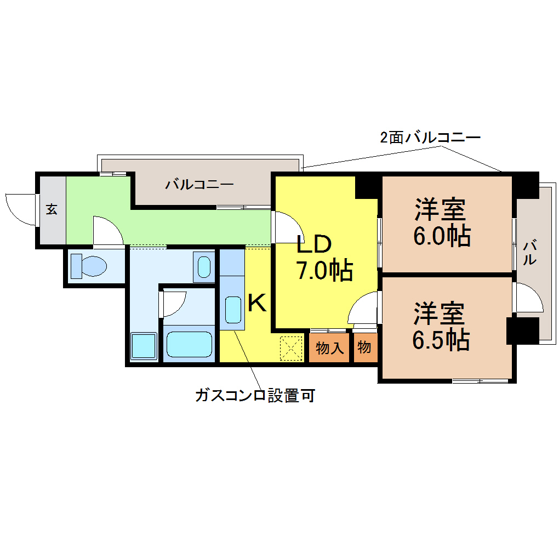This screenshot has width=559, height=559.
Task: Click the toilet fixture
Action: (x=89, y=266)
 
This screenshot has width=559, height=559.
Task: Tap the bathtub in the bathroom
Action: (x=189, y=344)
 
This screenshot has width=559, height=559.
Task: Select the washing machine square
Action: (x=144, y=345)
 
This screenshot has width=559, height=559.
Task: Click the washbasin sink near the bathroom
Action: (x=204, y=267)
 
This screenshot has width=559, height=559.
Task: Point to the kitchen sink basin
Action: (x=233, y=310)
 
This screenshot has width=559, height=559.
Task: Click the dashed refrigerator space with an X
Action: (x=291, y=349)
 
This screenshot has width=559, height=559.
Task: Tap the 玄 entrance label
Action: (x=52, y=209)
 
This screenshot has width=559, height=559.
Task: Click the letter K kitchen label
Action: (x=257, y=303)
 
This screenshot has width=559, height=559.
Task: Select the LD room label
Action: (x=315, y=244)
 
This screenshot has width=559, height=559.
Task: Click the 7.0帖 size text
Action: (x=324, y=271)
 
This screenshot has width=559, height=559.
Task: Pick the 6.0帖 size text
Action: (x=442, y=236)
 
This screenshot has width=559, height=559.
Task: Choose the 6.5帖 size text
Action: (x=441, y=340)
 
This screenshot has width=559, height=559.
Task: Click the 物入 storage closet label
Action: (x=330, y=347)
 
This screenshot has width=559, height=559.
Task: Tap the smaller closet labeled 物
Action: (x=364, y=347)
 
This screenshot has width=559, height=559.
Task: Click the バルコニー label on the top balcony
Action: (x=199, y=184)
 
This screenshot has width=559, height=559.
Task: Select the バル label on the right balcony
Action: (x=530, y=253)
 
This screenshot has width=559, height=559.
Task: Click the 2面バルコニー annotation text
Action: (x=430, y=137)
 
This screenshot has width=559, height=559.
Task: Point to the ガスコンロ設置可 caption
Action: (x=255, y=395)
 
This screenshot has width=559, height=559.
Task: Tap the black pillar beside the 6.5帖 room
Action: (x=523, y=330)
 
